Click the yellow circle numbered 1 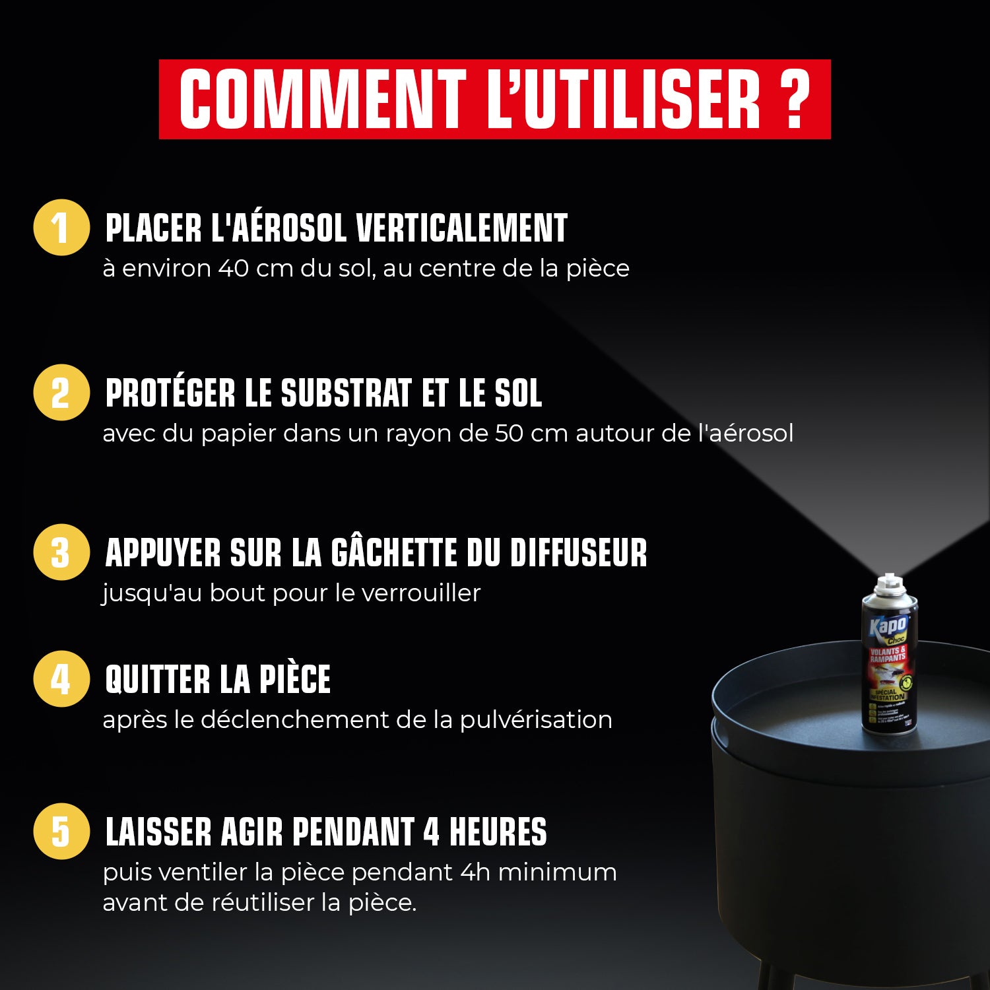point(61,228)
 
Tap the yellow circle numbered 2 point(61,393)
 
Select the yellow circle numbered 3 point(61,552)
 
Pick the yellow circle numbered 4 point(61,679)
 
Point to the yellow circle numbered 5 point(61,831)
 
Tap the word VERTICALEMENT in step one point(461,228)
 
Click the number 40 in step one point(233,269)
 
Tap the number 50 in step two point(510,434)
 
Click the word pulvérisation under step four point(535,720)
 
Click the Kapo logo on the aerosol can point(888,624)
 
